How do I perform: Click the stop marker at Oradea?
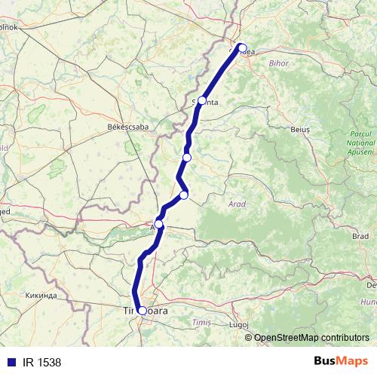(241, 48)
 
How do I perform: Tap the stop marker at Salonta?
(202, 100)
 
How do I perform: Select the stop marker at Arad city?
(159, 224)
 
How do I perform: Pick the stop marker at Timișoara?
(142, 310)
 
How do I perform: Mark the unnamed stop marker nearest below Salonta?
(187, 157)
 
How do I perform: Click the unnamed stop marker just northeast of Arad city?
(183, 196)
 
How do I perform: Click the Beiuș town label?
(300, 130)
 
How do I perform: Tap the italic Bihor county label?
(278, 63)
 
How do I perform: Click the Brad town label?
(360, 236)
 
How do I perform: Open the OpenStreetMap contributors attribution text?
(311, 337)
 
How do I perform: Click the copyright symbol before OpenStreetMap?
(249, 337)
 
